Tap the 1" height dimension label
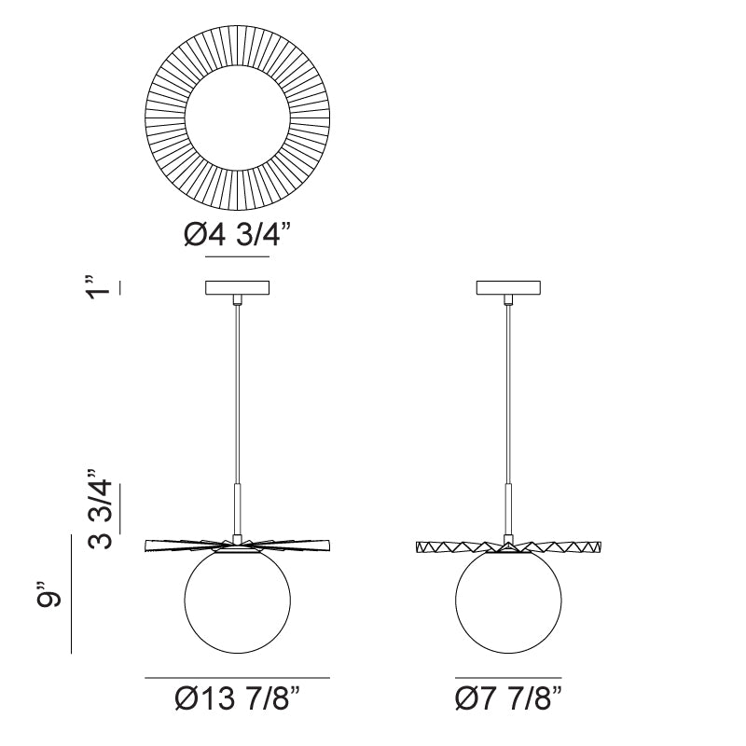[99, 287]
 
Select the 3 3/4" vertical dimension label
[100, 508]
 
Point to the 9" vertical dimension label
[48, 593]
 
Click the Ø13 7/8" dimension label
[238, 698]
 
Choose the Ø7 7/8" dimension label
[508, 698]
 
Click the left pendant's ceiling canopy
[238, 287]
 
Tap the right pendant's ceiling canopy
[508, 287]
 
